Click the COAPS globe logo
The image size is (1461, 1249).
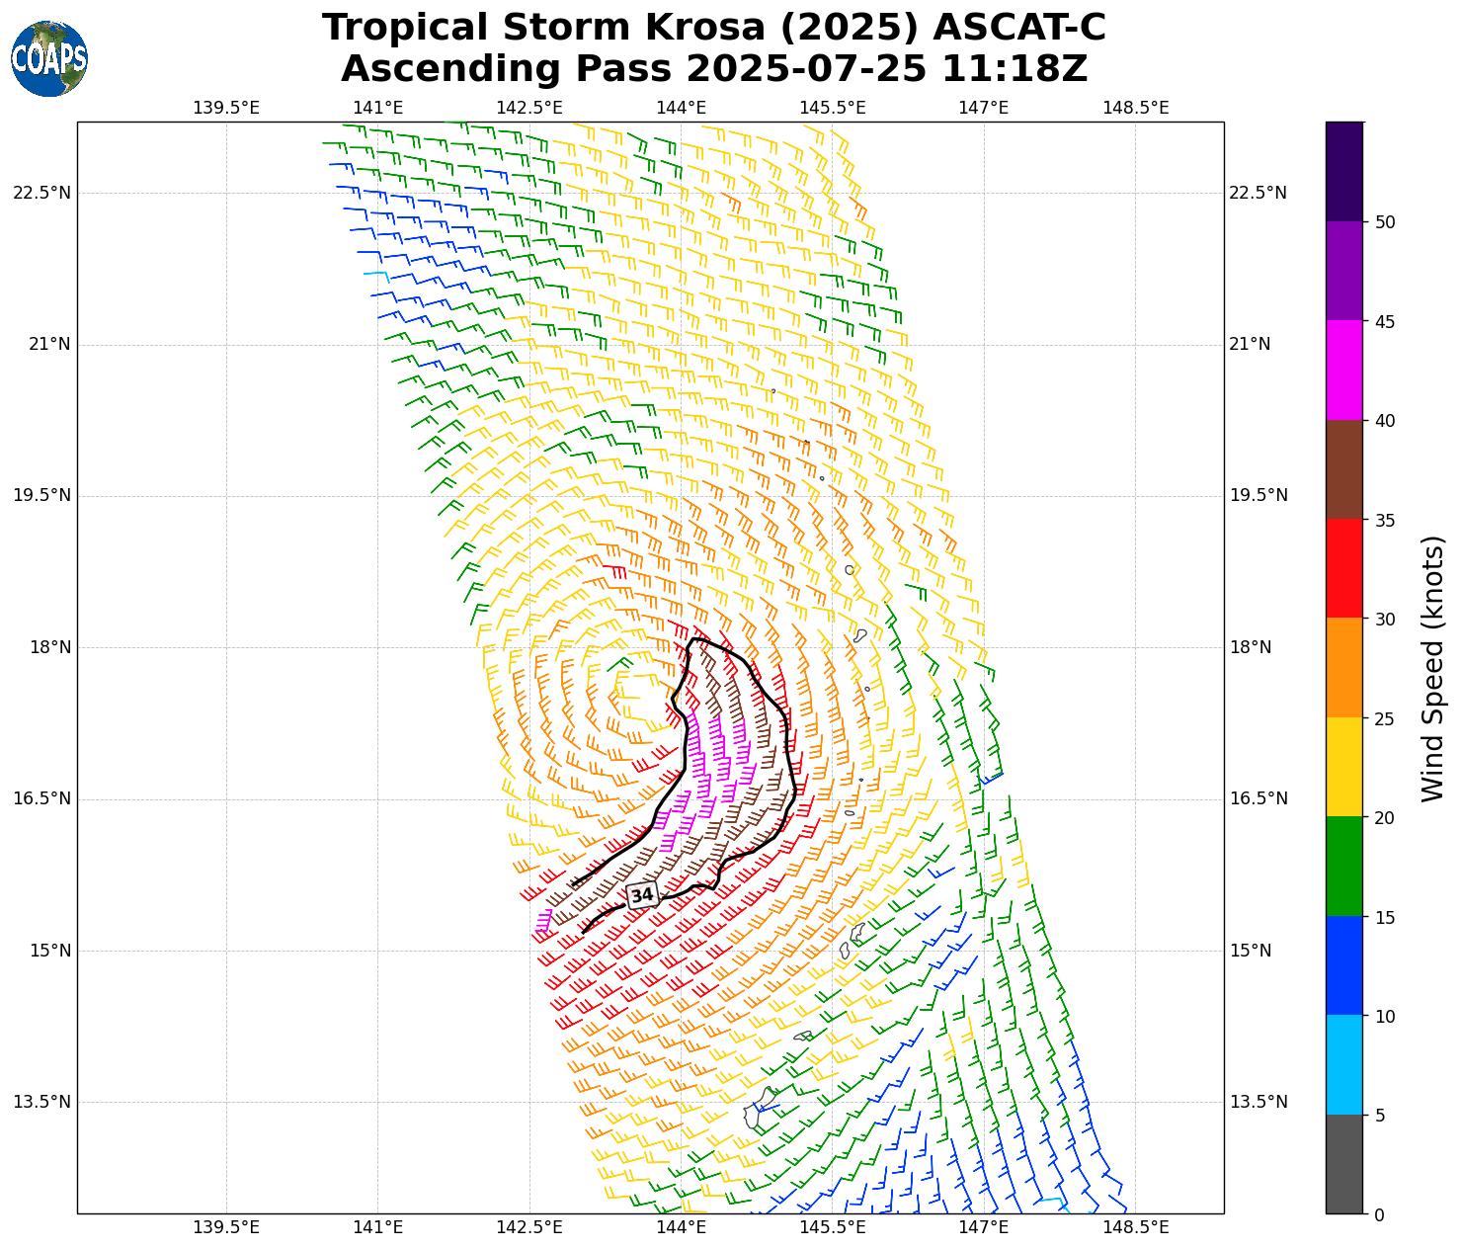(49, 59)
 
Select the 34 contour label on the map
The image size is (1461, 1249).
(642, 895)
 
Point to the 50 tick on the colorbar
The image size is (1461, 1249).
(1385, 222)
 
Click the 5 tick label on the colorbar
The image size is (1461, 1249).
(1380, 1116)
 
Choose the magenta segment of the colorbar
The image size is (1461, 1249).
(1343, 371)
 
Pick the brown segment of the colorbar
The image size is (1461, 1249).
(1343, 470)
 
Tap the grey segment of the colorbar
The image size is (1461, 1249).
(1343, 1164)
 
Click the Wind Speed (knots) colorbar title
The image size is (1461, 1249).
(1432, 669)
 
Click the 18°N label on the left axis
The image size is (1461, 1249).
(41, 647)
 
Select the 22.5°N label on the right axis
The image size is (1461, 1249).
(1258, 193)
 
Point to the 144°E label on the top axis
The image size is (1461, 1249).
(681, 108)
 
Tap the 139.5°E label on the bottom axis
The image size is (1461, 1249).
(226, 1227)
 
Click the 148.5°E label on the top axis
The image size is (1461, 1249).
(1135, 108)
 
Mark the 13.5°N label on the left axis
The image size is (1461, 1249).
(41, 1102)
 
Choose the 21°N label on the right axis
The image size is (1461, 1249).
(1250, 344)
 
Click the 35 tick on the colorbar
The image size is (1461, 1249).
(1385, 521)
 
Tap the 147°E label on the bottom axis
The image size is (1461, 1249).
(983, 1227)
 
